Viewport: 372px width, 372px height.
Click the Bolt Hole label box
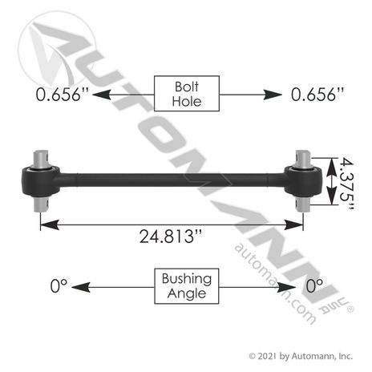click(187, 94)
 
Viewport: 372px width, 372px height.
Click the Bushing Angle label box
click(187, 286)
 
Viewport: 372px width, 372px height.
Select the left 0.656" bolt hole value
click(62, 95)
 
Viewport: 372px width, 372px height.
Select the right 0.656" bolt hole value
click(317, 95)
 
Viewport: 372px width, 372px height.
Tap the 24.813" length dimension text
click(171, 237)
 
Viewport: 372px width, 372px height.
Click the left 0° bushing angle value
click(59, 285)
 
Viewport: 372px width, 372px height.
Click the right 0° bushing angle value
click(314, 285)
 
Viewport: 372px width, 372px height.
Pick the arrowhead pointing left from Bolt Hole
click(102, 95)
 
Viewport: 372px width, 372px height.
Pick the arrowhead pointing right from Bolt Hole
click(273, 95)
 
